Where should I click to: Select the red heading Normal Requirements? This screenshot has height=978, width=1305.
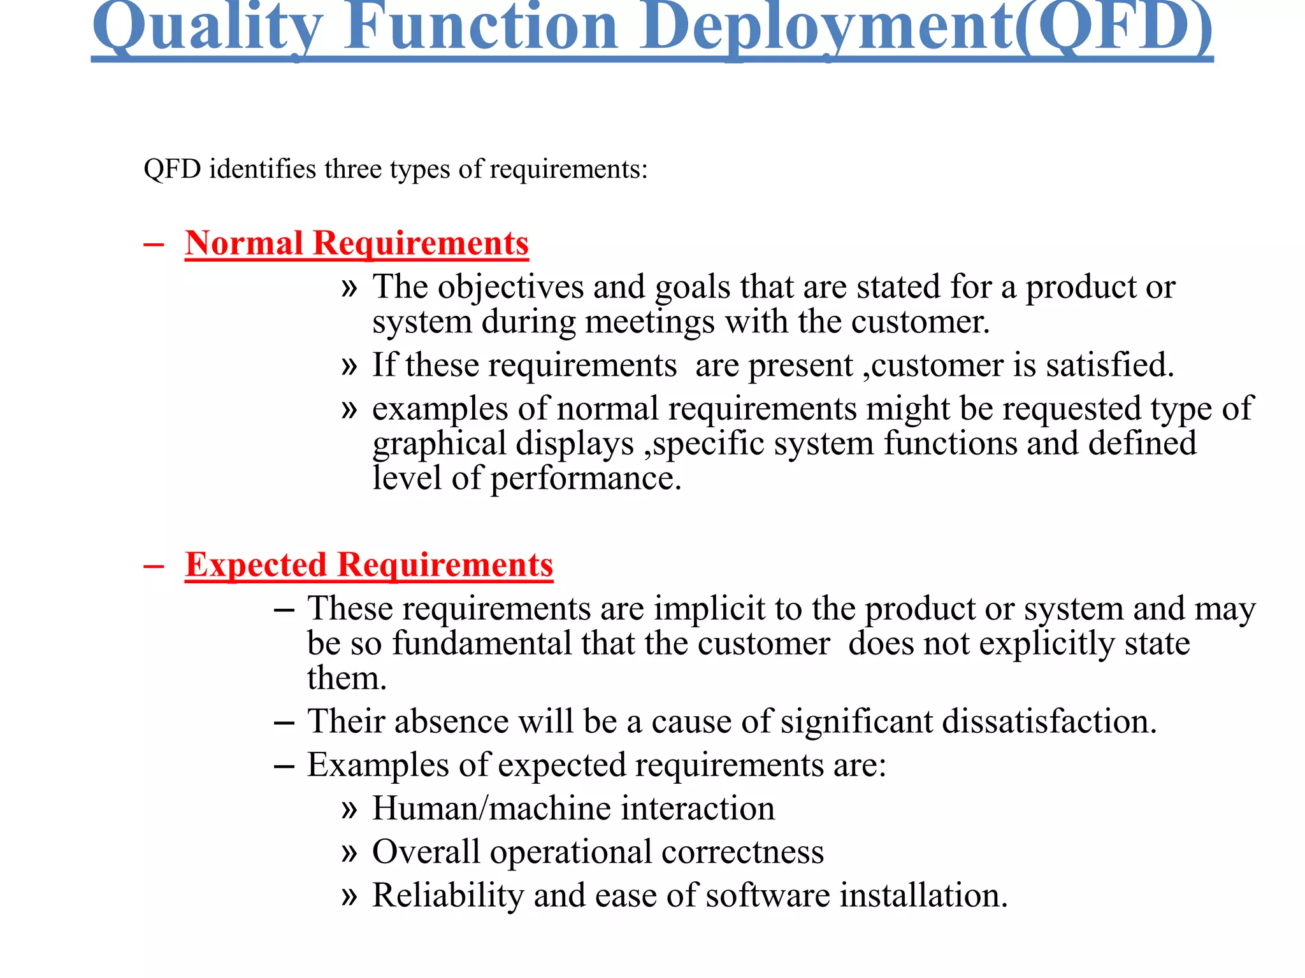(x=357, y=243)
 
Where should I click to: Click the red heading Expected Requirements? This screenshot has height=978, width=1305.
(x=369, y=565)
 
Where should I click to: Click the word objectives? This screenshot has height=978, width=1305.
(x=510, y=287)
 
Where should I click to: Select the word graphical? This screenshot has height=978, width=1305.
(x=439, y=444)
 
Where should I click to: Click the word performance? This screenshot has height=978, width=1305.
(x=586, y=479)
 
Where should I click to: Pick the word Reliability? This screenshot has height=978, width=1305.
(x=447, y=896)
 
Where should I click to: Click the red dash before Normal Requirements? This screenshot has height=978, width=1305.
(x=154, y=244)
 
